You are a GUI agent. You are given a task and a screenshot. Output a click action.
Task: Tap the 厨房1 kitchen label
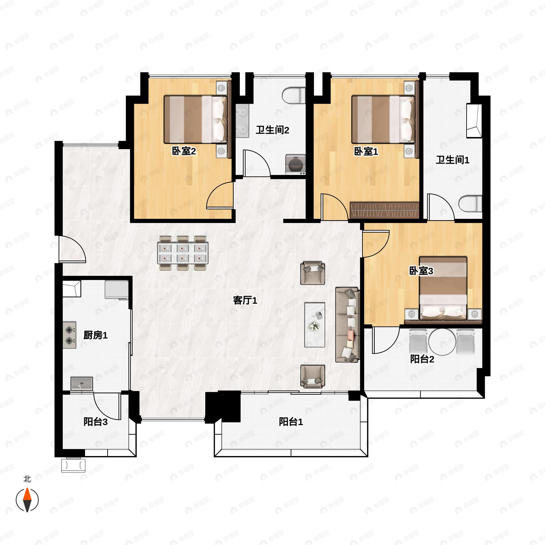click(x=95, y=335)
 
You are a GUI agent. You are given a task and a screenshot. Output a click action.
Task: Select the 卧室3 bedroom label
click(x=421, y=271)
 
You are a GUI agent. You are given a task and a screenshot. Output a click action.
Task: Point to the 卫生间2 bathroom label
click(x=272, y=130)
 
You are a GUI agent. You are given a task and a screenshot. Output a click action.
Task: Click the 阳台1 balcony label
click(x=291, y=422)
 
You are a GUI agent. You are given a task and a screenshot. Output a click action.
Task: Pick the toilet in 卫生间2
click(x=294, y=95)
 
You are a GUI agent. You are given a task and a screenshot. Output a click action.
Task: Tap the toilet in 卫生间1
click(x=470, y=204)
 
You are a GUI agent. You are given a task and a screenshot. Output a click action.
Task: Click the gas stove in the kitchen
click(x=69, y=335)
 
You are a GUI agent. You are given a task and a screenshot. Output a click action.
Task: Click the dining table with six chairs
click(x=183, y=253)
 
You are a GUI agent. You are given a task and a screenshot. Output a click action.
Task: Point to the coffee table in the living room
click(x=315, y=325)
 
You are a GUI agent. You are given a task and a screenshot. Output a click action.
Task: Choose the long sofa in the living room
click(x=347, y=325)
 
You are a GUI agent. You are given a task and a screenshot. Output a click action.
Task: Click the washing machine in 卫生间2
click(x=295, y=164)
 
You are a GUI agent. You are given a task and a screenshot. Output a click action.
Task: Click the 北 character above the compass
click(x=27, y=479)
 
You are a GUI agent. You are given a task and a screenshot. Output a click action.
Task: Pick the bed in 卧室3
click(x=443, y=288)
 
